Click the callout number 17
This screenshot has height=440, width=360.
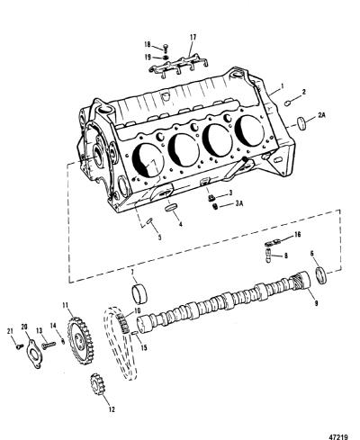pos(193,37)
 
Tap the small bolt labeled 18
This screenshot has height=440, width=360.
pos(166,48)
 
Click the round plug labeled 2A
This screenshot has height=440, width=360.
pos(301,123)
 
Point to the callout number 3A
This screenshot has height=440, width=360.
pos(238,203)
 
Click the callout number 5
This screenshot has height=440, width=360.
pos(159,238)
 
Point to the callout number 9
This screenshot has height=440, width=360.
pos(316,303)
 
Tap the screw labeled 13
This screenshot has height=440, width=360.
pos(49,346)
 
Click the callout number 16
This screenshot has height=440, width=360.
pos(297,234)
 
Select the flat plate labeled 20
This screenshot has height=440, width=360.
pos(33,355)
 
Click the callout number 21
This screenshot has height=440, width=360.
pos(11,331)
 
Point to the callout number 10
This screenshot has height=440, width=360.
pos(138,310)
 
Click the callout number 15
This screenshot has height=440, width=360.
pos(144,347)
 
